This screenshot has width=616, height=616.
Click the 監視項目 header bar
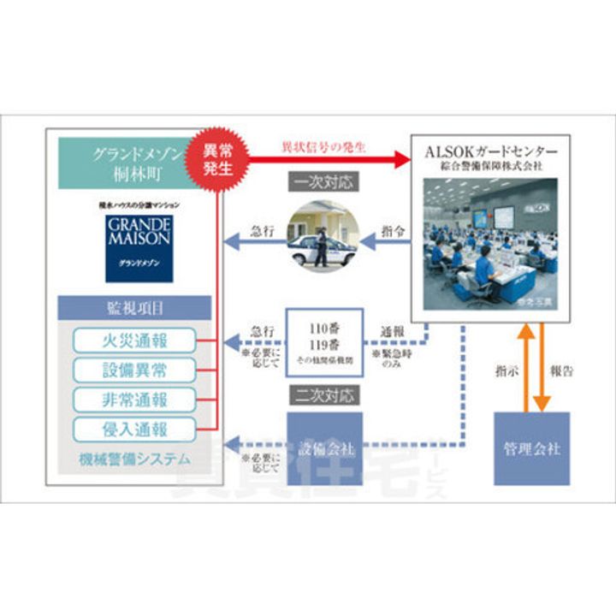(134, 308)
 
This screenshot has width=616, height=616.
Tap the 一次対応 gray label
(324, 182)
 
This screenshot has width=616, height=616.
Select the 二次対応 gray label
(324, 395)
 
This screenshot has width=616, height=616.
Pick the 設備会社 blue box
(324, 448)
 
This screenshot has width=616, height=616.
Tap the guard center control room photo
(490, 242)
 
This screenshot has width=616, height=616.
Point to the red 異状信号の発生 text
(323, 147)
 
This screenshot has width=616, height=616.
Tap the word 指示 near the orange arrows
(506, 372)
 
